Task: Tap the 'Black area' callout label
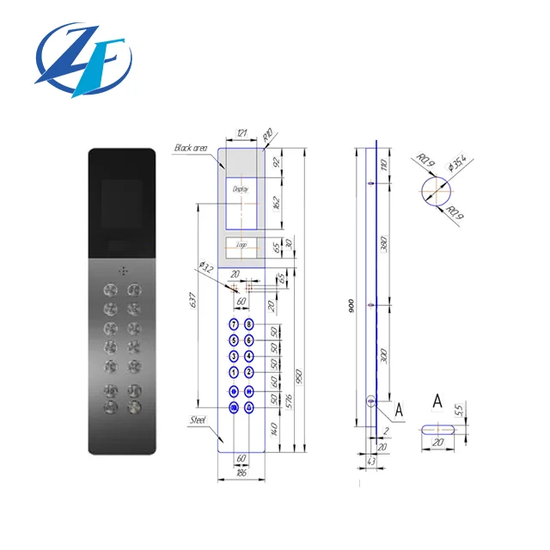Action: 191,148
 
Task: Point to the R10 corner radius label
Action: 268,135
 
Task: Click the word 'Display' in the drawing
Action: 240,187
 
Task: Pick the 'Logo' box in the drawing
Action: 241,244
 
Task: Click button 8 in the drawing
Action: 249,325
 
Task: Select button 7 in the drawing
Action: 233,325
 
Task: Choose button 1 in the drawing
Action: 233,372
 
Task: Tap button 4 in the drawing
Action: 249,356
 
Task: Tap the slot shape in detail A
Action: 438,427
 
